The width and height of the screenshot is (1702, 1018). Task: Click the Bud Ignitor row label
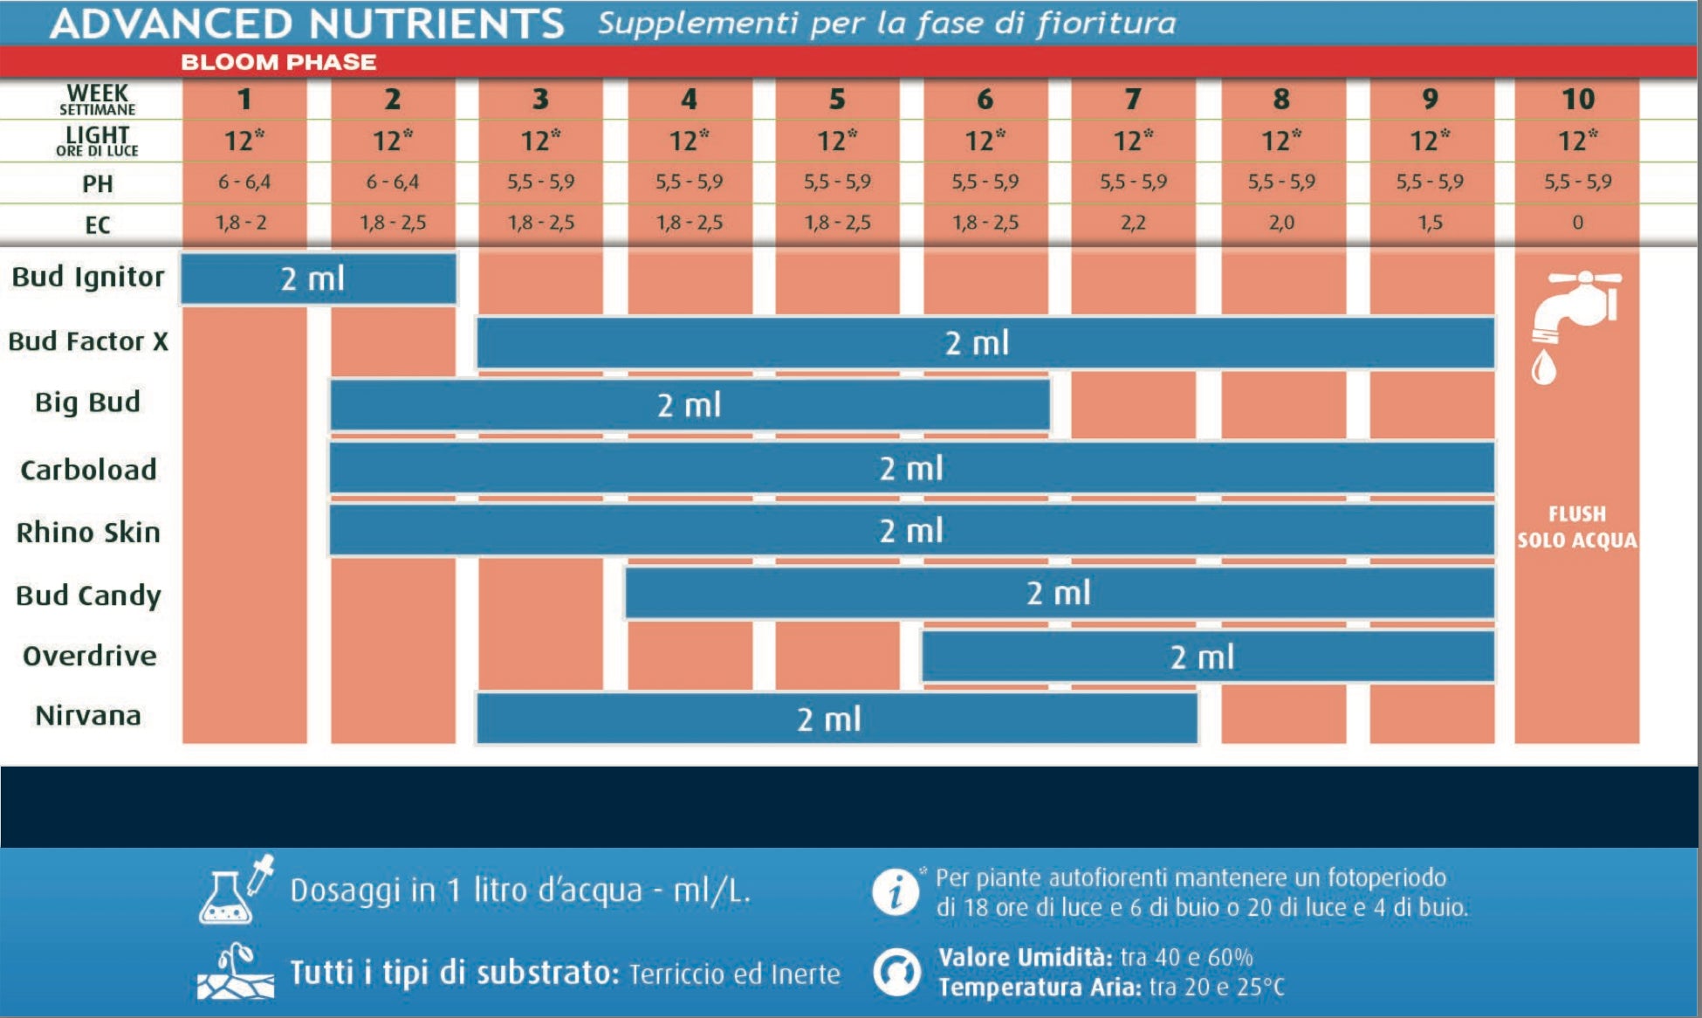[87, 277]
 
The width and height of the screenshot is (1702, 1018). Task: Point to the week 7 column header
[1133, 100]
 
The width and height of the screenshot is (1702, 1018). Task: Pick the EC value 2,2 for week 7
[1133, 224]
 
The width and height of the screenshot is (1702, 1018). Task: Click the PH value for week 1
[244, 182]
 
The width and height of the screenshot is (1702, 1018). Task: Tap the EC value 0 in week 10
[1577, 224]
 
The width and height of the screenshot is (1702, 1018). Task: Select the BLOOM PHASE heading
[278, 63]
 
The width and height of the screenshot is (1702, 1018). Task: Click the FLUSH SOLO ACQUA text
[1576, 527]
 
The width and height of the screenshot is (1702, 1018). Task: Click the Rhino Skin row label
[88, 532]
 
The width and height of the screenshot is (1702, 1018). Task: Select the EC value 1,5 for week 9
[1430, 224]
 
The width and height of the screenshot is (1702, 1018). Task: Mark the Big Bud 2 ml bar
[690, 405]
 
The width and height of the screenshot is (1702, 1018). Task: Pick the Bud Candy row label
[88, 595]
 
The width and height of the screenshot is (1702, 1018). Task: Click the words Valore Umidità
[1025, 957]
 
